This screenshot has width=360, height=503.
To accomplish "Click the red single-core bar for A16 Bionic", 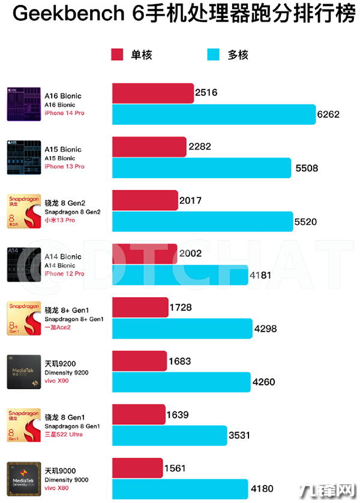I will click(x=153, y=93).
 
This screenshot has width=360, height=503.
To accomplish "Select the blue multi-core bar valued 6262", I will click(x=214, y=115).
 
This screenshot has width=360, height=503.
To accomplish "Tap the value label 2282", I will click(x=199, y=146).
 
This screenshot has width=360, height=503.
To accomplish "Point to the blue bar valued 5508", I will click(x=202, y=168).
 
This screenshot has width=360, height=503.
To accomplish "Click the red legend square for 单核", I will click(x=118, y=55).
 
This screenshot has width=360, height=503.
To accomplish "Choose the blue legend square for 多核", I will click(x=214, y=55).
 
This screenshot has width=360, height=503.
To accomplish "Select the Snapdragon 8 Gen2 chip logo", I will click(x=23, y=211).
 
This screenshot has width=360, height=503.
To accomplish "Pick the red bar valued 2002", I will click(x=145, y=254).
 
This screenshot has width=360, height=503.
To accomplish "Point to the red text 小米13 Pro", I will click(x=61, y=220).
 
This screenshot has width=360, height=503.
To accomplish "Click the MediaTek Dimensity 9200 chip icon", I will click(x=23, y=372).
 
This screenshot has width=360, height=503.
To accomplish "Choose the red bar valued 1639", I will click(x=139, y=414).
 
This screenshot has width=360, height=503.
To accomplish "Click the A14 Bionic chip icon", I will click(x=23, y=264).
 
